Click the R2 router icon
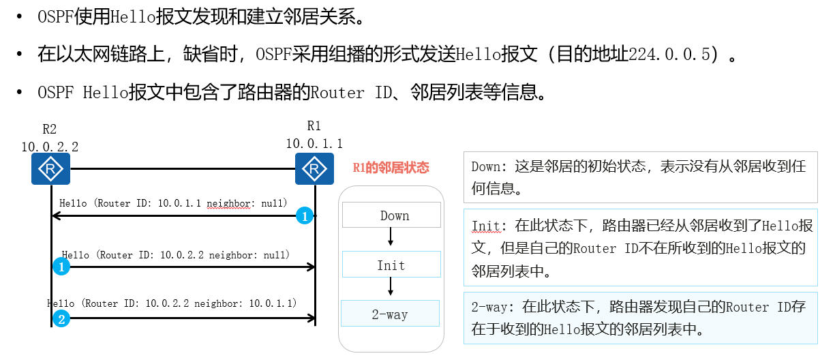point(50,168)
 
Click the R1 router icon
point(314,168)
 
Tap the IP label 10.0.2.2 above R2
point(50,146)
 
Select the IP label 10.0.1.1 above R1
point(314,143)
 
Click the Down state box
point(391,216)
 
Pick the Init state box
point(391,265)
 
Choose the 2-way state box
point(390,314)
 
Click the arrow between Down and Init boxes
point(391,237)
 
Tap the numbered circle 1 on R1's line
point(305,216)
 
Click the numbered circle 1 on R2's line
point(61,267)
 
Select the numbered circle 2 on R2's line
point(61,318)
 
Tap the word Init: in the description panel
point(487,226)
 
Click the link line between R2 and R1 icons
point(182,168)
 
